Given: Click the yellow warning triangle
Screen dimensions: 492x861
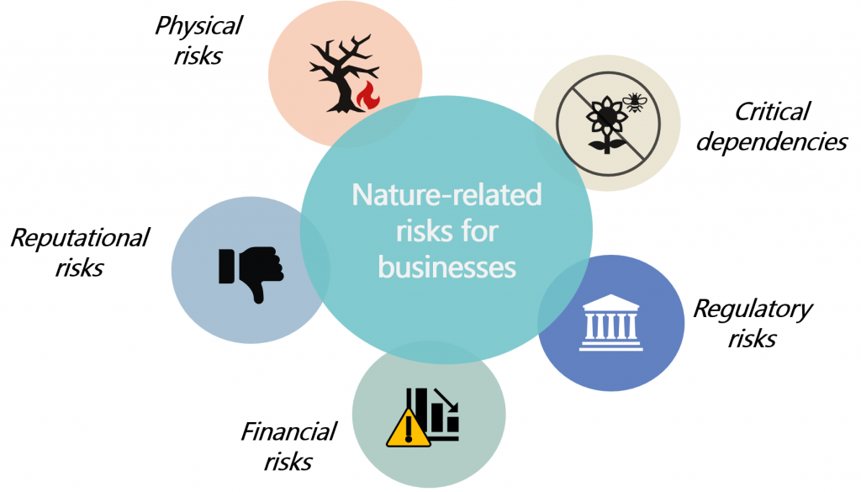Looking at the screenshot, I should [x=408, y=428].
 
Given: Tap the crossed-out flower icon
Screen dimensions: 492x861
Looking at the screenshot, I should [x=600, y=126].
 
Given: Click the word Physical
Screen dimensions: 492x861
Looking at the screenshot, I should [x=198, y=26].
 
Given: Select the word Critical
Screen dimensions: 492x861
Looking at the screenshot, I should [x=772, y=111].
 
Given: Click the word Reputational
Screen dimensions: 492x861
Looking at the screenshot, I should [x=79, y=237].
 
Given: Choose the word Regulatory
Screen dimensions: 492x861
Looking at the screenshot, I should [x=753, y=309].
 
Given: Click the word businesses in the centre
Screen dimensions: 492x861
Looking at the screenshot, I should [x=446, y=267].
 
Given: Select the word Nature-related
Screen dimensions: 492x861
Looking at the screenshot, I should [x=446, y=195].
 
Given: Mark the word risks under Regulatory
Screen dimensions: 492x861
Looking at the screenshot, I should [x=753, y=338].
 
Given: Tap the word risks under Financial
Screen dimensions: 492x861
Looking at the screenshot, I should [x=288, y=461].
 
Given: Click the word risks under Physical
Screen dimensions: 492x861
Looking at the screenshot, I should [x=198, y=56].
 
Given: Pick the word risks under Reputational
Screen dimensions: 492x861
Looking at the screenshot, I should [x=79, y=267].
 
